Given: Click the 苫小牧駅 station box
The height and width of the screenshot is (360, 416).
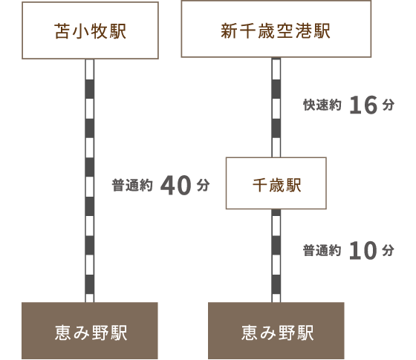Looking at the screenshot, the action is click(90, 30).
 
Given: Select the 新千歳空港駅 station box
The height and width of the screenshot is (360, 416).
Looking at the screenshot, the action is click(276, 29).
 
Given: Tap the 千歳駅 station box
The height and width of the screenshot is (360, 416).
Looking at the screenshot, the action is click(276, 183).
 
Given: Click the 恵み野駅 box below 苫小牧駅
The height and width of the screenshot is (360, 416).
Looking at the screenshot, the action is click(90, 330).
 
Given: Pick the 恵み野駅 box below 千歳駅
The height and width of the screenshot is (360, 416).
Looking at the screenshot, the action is click(276, 330).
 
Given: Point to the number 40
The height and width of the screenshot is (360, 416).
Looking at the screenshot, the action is click(175, 186).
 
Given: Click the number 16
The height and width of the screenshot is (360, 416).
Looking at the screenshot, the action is click(363, 105).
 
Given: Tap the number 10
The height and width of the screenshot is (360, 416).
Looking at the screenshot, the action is click(363, 250).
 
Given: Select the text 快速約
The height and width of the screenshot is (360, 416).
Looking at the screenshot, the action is click(322, 105).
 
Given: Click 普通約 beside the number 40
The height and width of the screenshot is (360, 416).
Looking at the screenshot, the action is click(132, 186).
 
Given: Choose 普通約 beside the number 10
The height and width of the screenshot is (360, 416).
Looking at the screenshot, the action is click(322, 251).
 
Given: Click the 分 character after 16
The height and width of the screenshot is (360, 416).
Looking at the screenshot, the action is click(388, 105).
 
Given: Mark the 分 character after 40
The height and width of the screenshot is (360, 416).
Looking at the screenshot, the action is click(204, 186).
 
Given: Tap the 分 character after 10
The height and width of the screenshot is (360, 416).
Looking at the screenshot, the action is click(388, 251).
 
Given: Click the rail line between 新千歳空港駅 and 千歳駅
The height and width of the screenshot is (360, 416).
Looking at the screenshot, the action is click(276, 108).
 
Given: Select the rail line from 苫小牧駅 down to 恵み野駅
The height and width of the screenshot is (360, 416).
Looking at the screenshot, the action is click(90, 180).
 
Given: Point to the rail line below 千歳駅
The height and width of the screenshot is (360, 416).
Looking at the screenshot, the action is click(276, 255).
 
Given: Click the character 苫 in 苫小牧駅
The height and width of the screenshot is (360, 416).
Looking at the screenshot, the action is click(62, 31).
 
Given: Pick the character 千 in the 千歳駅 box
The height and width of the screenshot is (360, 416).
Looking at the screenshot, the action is click(260, 185).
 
